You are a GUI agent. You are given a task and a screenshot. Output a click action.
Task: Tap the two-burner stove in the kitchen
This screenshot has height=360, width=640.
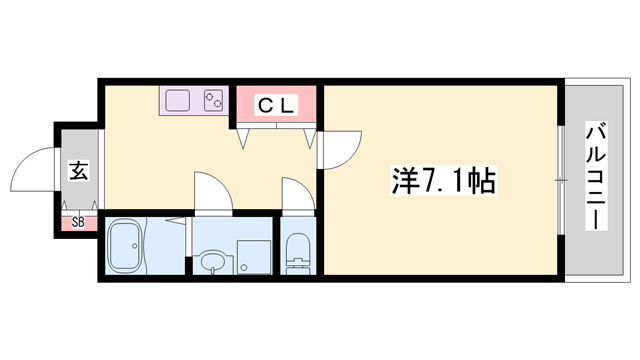(x=213, y=101)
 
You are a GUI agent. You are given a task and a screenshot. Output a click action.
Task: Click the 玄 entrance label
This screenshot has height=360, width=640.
(x=78, y=171)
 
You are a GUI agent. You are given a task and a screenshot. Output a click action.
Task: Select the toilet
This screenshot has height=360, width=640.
(x=298, y=253)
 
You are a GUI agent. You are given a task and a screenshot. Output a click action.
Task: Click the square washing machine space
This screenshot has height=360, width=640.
(x=254, y=255)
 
